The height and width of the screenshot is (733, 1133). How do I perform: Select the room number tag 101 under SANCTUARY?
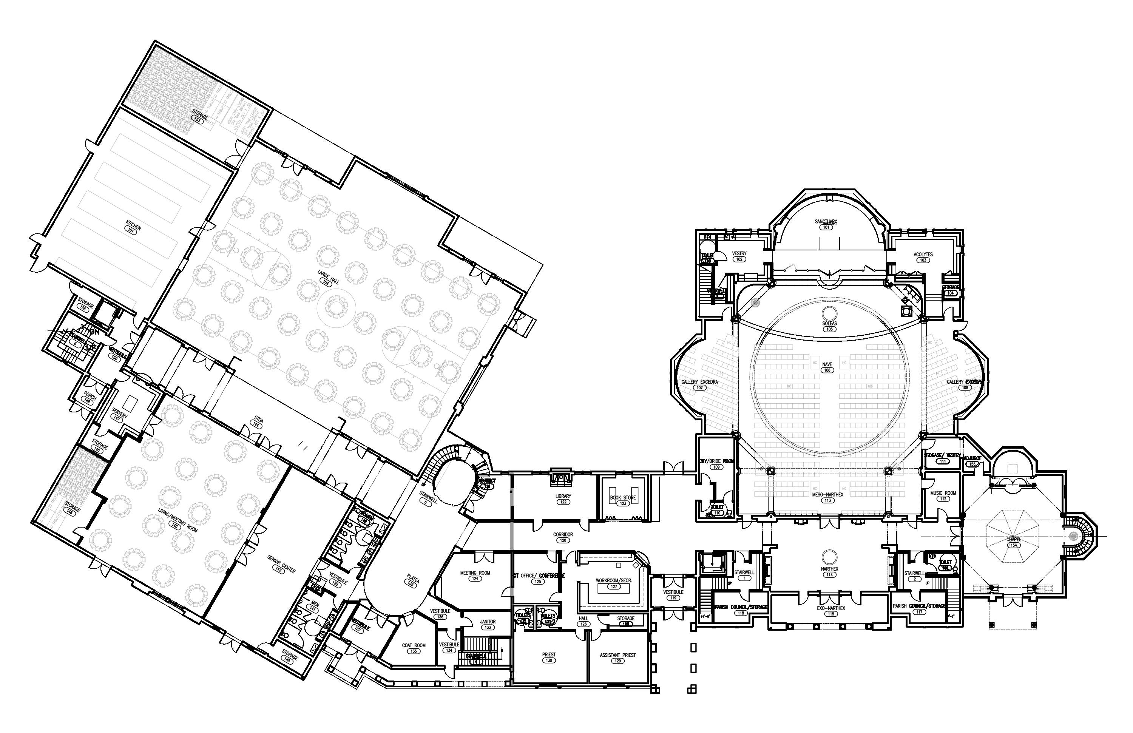pyautogui.click(x=826, y=227)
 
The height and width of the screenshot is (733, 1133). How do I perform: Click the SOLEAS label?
pyautogui.click(x=829, y=324)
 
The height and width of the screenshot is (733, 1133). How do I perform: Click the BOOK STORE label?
pyautogui.click(x=623, y=498)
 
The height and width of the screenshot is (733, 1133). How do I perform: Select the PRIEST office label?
pyautogui.click(x=549, y=654)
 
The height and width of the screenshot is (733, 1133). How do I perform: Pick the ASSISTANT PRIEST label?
pyautogui.click(x=617, y=655)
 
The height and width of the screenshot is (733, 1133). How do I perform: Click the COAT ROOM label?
pyautogui.click(x=414, y=645)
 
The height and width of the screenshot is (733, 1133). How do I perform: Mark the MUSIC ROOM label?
pyautogui.click(x=943, y=493)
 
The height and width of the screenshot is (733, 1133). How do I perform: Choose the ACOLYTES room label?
pyautogui.click(x=923, y=255)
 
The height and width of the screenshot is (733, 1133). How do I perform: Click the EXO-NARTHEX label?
pyautogui.click(x=830, y=608)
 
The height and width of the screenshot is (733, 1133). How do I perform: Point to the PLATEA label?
pyautogui.click(x=413, y=580)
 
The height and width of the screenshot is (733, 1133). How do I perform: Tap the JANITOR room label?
pyautogui.click(x=488, y=622)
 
